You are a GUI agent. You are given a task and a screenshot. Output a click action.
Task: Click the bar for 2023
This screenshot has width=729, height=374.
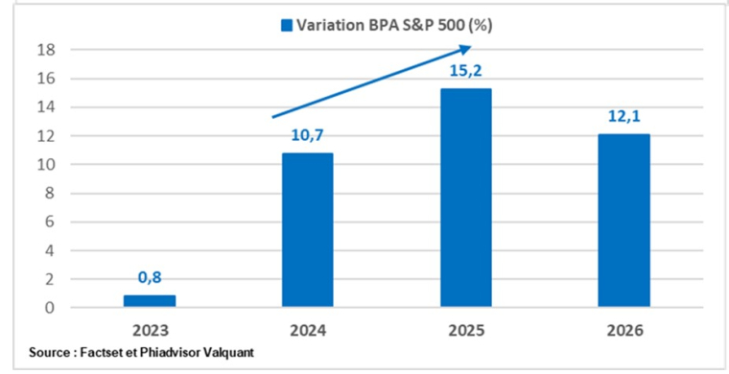[x=149, y=301]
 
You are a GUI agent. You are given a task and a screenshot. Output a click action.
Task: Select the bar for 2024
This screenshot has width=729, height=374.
[x=307, y=230]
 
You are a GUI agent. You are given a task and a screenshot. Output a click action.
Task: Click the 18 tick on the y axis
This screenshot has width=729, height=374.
[x=44, y=50]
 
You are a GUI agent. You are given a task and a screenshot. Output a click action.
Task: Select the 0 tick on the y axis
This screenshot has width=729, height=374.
[x=48, y=308]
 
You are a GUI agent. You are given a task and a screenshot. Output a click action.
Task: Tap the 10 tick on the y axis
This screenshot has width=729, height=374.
[x=44, y=165]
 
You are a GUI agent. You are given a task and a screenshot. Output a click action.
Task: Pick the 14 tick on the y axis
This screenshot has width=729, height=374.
[x=44, y=107]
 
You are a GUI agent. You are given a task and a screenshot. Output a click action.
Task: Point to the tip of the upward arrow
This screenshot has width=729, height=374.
[x=470, y=48]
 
